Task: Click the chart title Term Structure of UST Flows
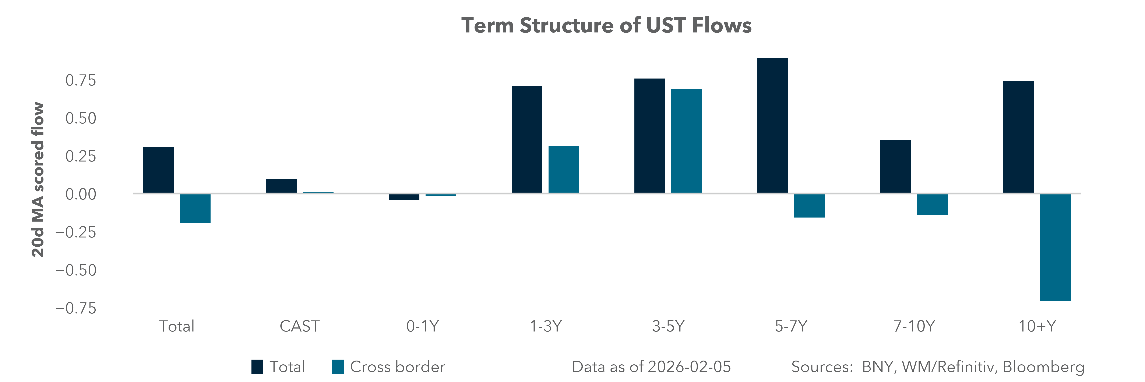pos(606,25)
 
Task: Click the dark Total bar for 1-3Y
pos(527,140)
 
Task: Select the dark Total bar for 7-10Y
pos(895,166)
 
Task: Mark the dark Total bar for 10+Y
pos(1018,137)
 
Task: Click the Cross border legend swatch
pos(338,367)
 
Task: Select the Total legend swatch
pos(257,367)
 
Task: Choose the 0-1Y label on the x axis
pos(422,326)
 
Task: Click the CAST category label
pos(299,326)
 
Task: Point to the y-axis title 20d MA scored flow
pos(38,180)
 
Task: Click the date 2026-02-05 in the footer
pos(689,367)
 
